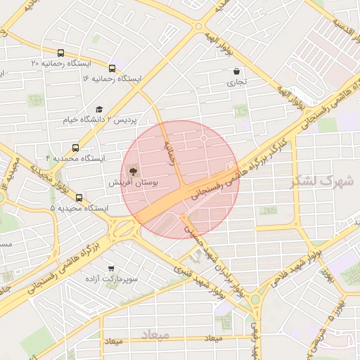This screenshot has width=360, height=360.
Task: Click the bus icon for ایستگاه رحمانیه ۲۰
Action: point(62,53)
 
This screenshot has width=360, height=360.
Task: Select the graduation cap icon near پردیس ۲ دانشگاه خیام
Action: point(99,110)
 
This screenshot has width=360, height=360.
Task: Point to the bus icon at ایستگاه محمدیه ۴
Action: point(76,148)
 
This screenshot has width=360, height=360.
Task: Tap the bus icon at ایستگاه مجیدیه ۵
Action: point(79,198)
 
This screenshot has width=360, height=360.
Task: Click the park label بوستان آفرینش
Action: point(133,182)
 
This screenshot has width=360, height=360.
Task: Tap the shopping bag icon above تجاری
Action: point(236,72)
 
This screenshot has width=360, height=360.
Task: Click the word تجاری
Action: point(236,82)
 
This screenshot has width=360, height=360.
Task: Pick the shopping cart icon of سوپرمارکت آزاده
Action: point(110,269)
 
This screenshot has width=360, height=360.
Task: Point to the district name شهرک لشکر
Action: point(323,181)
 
